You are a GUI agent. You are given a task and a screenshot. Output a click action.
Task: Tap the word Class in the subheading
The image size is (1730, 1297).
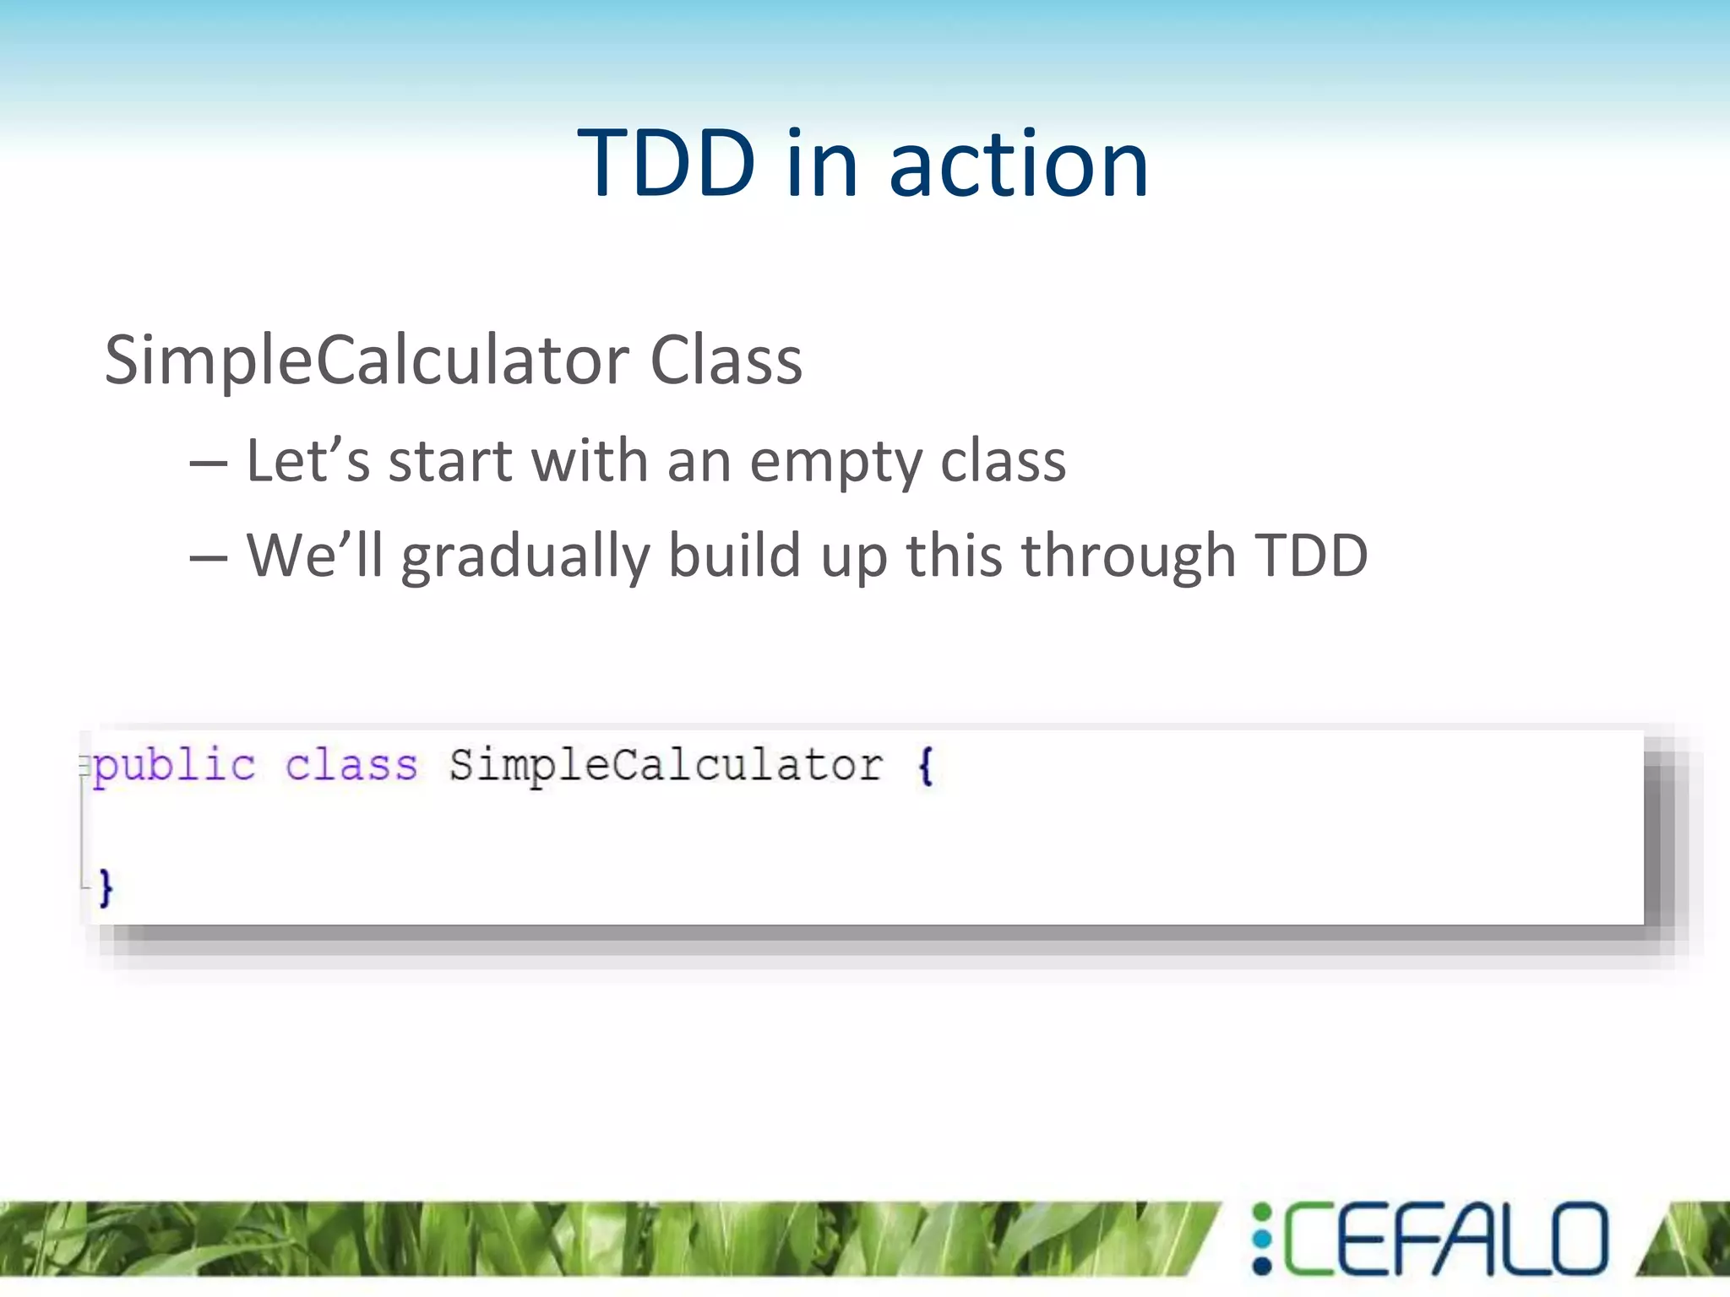tap(726, 361)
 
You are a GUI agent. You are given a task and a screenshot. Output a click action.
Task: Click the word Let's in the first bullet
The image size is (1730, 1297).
tap(307, 461)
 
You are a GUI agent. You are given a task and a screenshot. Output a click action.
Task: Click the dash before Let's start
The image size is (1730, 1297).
tap(208, 464)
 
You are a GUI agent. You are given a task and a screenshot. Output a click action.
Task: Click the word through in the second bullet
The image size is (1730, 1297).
tap(1129, 557)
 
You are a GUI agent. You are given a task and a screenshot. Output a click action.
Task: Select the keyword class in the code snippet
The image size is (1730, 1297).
tap(351, 766)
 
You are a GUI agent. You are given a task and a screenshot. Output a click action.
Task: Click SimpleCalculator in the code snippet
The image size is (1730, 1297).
tap(666, 766)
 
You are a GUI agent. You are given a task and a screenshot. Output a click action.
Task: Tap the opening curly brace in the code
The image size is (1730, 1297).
tap(926, 766)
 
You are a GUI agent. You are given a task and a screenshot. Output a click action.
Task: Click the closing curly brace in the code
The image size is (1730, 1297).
tap(106, 887)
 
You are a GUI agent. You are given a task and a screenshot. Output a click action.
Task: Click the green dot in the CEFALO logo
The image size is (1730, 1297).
tap(1262, 1214)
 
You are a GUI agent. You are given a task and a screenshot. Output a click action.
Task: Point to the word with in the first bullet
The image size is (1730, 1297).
tap(590, 461)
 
